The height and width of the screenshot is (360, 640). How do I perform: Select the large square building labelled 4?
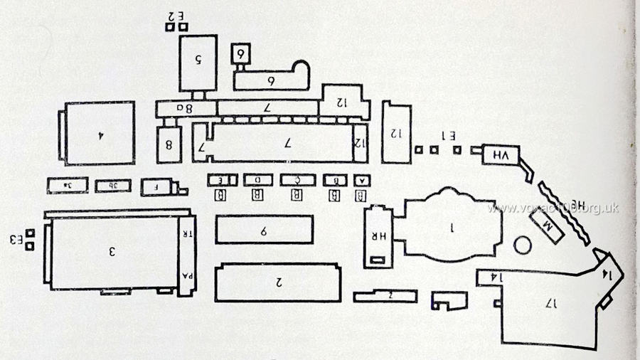click(x=100, y=133)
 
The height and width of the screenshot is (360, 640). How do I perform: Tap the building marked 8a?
click(x=186, y=109)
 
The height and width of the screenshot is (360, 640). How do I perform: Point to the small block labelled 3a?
click(x=67, y=185)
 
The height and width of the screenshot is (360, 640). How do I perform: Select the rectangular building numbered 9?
click(x=264, y=231)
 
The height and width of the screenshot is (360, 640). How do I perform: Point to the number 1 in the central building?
click(x=451, y=228)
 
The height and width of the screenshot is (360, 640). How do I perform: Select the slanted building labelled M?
click(x=548, y=226)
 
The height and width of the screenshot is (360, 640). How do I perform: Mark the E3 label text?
click(x=15, y=239)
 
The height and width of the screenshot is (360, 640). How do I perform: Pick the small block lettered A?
click(x=360, y=179)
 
